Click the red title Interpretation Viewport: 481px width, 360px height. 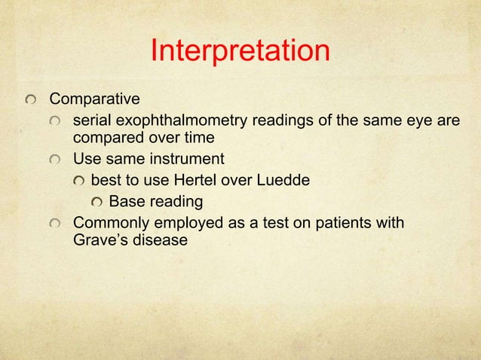click(240, 52)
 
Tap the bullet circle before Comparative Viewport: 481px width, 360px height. click(31, 100)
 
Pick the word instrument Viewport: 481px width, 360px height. click(189, 160)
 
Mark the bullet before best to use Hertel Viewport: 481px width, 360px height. click(78, 182)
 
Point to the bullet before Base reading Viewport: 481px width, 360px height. click(97, 203)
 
